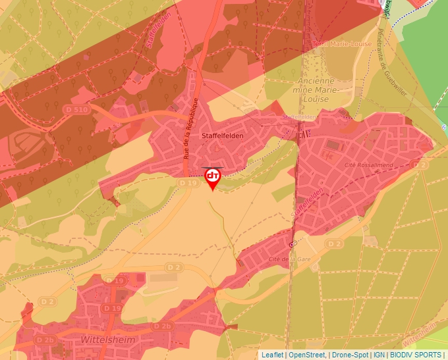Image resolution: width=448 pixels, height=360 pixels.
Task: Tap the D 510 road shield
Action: pyautogui.click(x=78, y=109)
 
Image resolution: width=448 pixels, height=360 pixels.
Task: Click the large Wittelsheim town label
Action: pyautogui.click(x=107, y=340)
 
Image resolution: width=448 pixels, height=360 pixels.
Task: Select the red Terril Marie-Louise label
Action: pyautogui.click(x=341, y=44)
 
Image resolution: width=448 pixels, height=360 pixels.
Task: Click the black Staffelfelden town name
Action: pyautogui.click(x=224, y=135)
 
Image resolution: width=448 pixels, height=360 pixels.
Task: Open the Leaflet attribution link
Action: pyautogui.click(x=272, y=355)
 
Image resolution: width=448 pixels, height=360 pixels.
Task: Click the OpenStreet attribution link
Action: pyautogui.click(x=307, y=355)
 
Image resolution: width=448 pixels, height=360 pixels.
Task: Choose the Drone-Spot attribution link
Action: pyautogui.click(x=350, y=355)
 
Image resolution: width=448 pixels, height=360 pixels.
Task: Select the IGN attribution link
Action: pyautogui.click(x=379, y=355)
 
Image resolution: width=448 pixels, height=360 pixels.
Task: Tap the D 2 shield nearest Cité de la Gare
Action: pyautogui.click(x=335, y=244)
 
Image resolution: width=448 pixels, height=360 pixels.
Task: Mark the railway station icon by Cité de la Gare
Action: pyautogui.click(x=293, y=243)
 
